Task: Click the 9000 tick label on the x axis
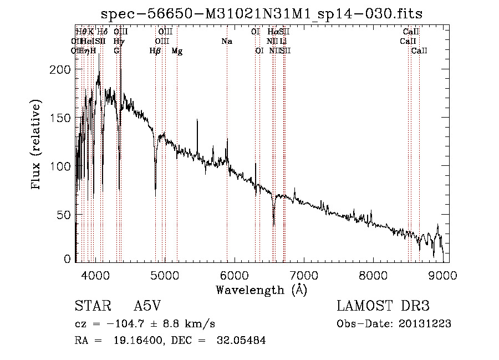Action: [x=442, y=273]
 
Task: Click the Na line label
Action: [x=227, y=42]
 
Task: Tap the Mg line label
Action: [x=177, y=51]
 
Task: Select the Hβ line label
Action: [x=155, y=51]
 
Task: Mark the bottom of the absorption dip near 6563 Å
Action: [x=273, y=225]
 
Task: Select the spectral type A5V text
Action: [x=149, y=306]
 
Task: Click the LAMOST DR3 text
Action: [x=383, y=306]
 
